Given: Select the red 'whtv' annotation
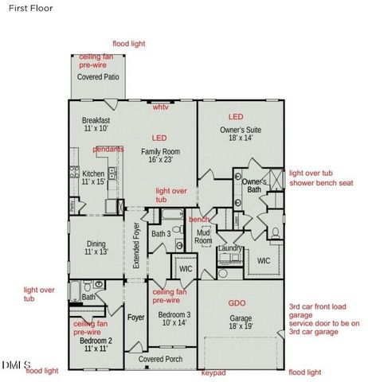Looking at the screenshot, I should [x=161, y=107].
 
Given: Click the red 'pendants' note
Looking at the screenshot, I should [x=108, y=149].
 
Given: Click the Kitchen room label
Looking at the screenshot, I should [x=93, y=177].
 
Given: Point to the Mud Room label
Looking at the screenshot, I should [x=203, y=236].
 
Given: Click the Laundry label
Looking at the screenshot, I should [x=230, y=248].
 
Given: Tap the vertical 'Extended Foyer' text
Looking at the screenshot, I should [x=136, y=246].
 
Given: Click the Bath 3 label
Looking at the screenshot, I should [x=162, y=233].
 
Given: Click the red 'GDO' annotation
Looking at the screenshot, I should [x=237, y=302].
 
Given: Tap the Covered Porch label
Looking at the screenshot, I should [x=160, y=359].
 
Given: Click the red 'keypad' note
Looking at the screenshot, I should [x=213, y=372].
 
